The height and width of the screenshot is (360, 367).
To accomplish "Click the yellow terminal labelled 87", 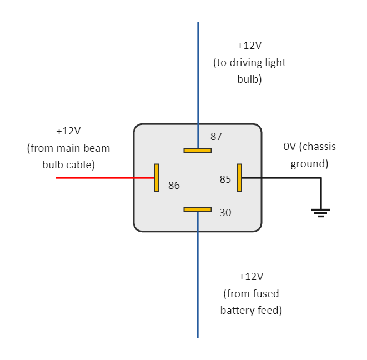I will [198, 150].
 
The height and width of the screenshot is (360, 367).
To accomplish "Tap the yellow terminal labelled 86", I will [157, 178].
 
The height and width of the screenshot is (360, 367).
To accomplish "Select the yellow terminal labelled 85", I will [239, 178].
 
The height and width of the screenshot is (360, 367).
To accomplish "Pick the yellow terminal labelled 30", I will [198, 209].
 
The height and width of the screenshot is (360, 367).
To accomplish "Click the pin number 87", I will [216, 136].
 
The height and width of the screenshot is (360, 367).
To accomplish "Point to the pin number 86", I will [174, 186].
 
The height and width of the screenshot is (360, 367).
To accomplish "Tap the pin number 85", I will [225, 179].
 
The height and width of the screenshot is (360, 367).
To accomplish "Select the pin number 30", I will [225, 213].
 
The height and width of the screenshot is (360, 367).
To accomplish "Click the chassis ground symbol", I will [320, 212].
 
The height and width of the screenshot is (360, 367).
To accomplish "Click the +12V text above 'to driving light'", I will [249, 46].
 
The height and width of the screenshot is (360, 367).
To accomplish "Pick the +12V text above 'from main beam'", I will [68, 131].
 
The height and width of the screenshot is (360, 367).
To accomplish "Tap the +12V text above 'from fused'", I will [251, 276].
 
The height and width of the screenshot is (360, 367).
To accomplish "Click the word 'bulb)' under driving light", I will [249, 79].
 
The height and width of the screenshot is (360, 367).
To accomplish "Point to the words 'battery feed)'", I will [251, 311].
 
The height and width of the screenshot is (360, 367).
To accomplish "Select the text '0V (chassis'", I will [309, 147].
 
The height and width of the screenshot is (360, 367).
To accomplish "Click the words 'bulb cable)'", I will [68, 165].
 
